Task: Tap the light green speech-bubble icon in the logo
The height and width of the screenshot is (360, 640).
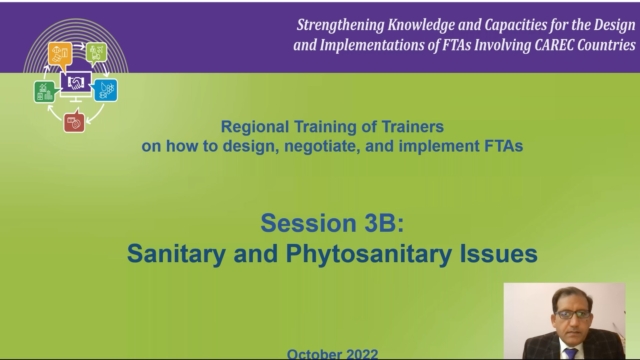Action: [x=96, y=51]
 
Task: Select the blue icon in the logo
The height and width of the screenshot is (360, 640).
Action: [x=106, y=88]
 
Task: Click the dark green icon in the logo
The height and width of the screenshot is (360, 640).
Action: [x=44, y=90]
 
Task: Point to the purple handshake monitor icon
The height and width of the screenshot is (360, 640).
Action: [x=75, y=84]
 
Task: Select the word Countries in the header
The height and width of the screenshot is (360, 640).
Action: [x=602, y=45]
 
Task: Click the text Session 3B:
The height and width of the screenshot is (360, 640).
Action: [x=331, y=221]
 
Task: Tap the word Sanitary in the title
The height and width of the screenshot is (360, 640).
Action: [x=173, y=253]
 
